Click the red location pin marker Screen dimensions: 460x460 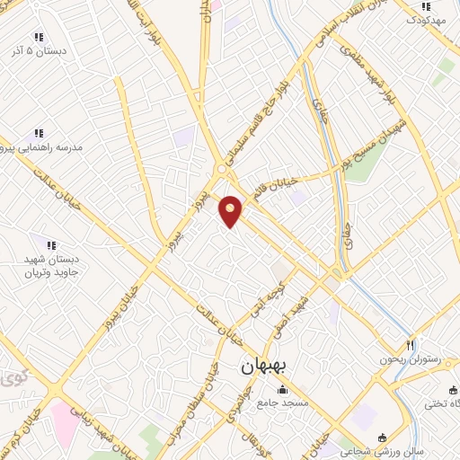231,210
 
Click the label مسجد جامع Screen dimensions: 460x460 282,402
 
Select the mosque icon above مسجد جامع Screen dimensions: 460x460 282,389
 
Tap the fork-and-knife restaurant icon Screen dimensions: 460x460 411,345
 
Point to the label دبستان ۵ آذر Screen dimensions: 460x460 39,51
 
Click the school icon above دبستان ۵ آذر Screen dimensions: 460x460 38,37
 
